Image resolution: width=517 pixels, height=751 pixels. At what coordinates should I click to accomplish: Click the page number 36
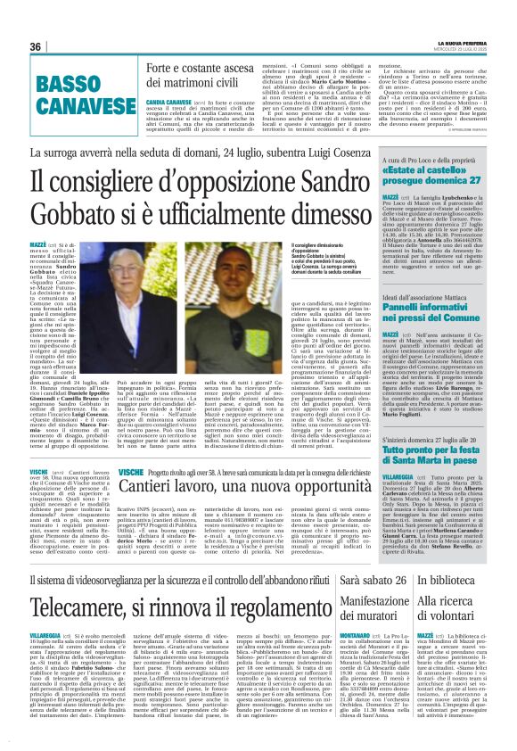[x=37, y=46]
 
